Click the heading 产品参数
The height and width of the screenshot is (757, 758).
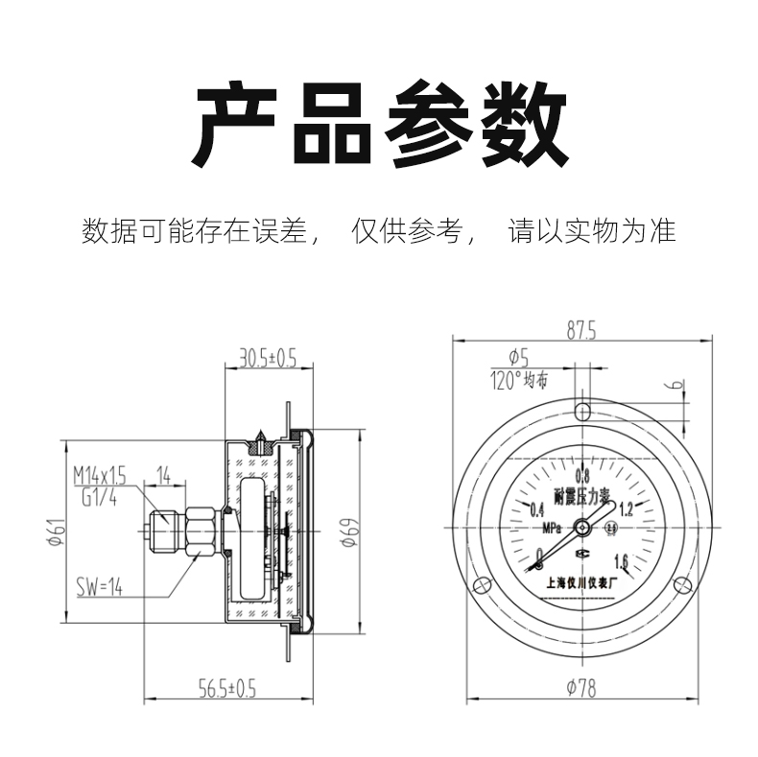pos(379,125)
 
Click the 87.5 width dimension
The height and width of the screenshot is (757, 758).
pos(581,332)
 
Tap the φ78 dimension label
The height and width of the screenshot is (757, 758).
pos(581,687)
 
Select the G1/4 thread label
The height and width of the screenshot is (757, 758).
pos(91,496)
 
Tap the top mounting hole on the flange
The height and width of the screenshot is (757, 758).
pos(582,412)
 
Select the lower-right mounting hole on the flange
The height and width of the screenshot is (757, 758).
pos(682,583)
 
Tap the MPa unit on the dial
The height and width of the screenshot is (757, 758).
pos(552,527)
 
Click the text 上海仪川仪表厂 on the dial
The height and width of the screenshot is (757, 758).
pos(581,580)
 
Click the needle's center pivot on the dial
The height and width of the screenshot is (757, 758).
pos(582,526)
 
